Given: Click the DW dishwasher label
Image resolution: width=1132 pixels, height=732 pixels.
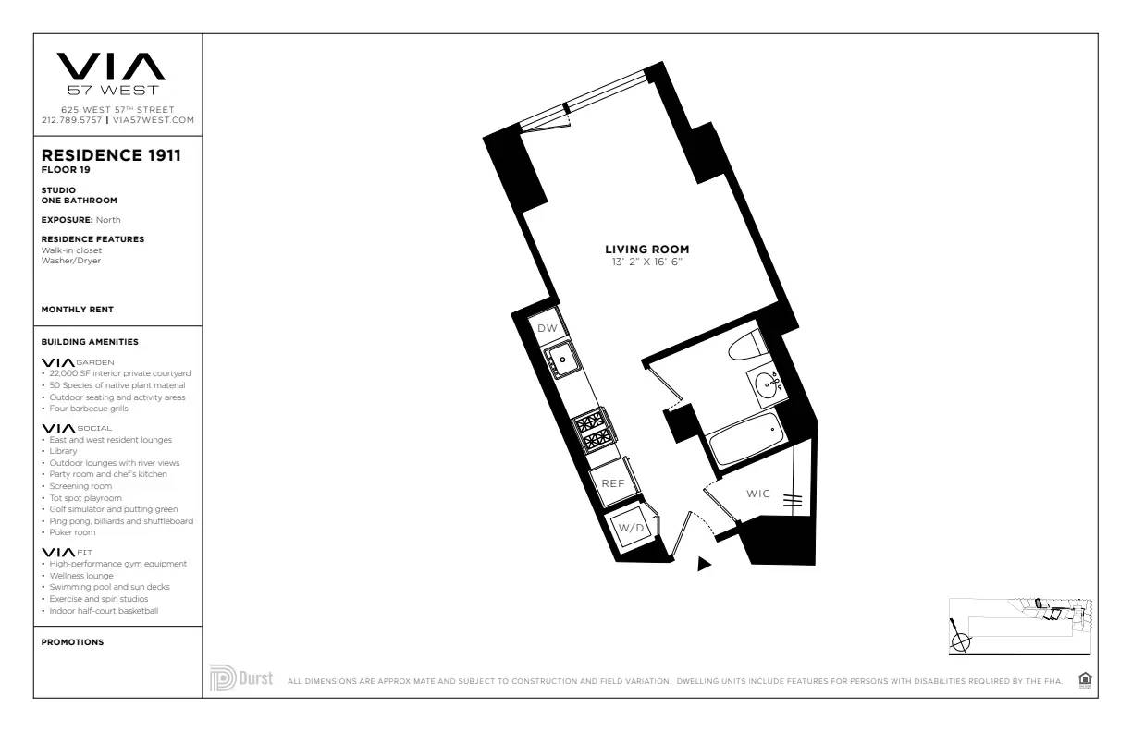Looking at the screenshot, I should (547, 328).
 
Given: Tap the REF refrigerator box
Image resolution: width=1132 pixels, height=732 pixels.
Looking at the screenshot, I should (613, 483).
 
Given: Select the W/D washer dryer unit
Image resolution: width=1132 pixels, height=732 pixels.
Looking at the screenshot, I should (631, 528).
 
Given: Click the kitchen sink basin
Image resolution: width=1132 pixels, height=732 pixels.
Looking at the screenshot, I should (562, 359).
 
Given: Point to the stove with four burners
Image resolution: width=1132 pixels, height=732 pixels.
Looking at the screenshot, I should (591, 429).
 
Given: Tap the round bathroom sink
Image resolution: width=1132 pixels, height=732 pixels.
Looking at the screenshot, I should (767, 383).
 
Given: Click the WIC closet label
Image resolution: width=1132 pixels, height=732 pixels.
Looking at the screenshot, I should (758, 494).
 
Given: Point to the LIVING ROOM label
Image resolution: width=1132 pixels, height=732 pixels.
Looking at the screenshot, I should (646, 250).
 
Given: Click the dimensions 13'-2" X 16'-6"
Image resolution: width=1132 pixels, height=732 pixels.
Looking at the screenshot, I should (646, 262).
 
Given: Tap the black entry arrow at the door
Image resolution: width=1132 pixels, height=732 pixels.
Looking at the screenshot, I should (704, 563).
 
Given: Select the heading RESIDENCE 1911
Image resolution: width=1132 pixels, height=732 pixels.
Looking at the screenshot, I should (111, 156).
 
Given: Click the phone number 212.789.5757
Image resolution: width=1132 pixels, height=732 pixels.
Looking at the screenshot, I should (73, 120).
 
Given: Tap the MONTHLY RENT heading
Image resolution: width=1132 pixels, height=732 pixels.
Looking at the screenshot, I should (78, 310).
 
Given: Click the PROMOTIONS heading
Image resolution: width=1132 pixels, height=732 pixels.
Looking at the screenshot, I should (72, 642).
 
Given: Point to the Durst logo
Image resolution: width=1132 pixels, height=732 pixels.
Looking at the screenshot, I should (241, 677).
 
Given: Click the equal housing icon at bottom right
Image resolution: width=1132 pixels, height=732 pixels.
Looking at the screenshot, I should (1085, 680).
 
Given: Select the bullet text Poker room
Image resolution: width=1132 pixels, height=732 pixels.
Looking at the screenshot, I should (72, 532).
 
